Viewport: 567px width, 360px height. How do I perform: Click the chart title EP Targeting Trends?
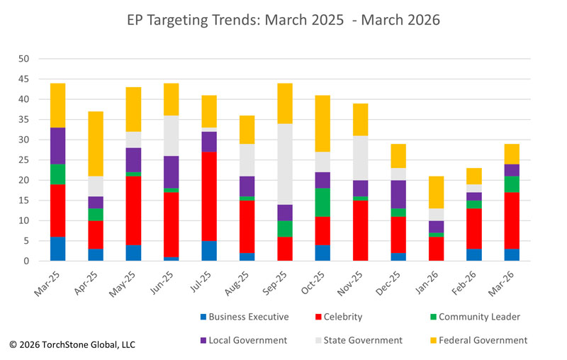pos(283,20)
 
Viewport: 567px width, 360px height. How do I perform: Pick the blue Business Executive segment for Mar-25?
pos(57,249)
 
